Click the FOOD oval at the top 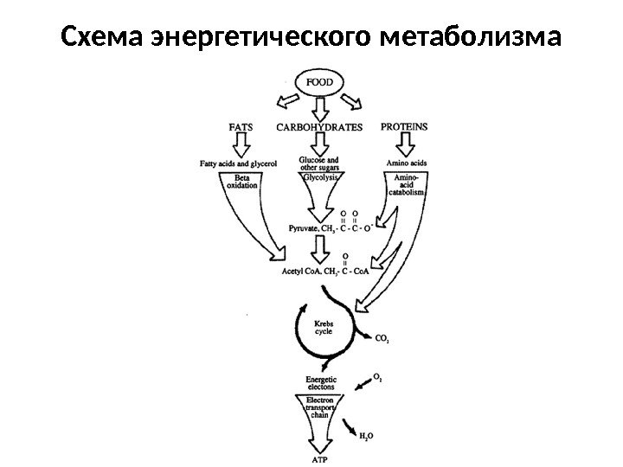click(321, 84)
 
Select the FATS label click(240, 126)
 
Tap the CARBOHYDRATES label click(319, 126)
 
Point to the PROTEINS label click(404, 126)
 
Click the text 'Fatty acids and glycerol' click(238, 163)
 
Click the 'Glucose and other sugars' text click(318, 163)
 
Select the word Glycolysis click(319, 176)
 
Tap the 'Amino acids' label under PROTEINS click(405, 163)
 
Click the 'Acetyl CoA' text click(303, 271)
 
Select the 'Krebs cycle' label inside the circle click(324, 325)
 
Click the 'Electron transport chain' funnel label click(320, 406)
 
